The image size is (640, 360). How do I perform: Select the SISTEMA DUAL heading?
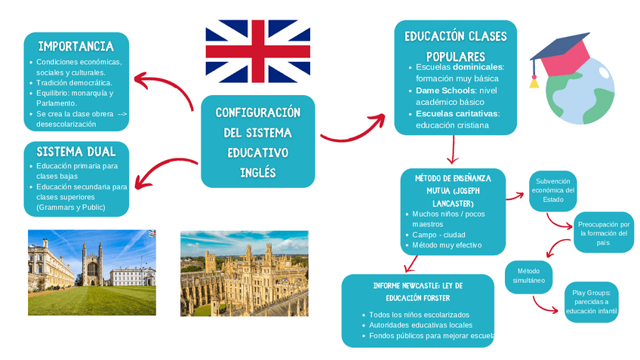point(76,152)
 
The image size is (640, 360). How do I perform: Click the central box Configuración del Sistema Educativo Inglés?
point(257,142)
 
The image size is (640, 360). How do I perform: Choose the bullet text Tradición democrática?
point(74,83)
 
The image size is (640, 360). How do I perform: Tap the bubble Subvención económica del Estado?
point(552,190)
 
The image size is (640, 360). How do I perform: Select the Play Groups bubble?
point(595,301)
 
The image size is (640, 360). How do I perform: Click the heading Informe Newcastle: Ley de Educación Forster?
point(417,292)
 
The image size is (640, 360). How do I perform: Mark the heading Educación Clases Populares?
point(455,46)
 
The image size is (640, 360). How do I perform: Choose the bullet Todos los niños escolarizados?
point(420,314)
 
